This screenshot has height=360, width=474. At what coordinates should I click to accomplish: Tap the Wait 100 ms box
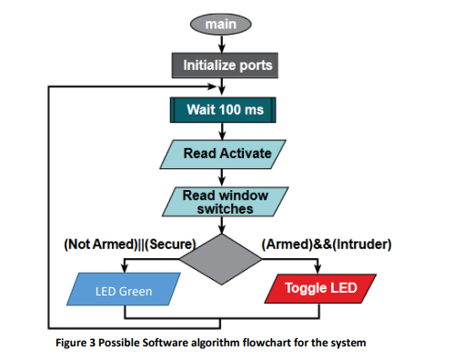tap(222, 110)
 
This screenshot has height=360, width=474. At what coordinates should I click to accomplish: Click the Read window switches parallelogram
tap(222, 201)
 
